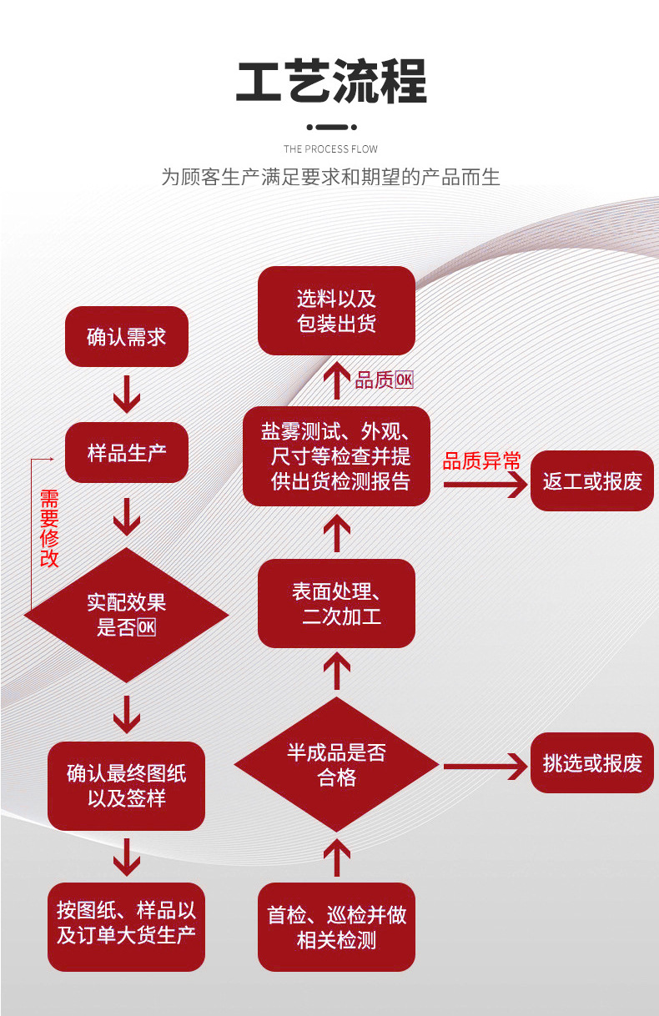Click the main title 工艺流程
[x=331, y=82]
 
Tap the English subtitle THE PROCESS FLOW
[x=330, y=149]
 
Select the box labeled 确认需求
[x=127, y=337]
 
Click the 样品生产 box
[x=127, y=453]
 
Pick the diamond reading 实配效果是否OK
[x=126, y=615]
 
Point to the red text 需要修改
[x=50, y=529]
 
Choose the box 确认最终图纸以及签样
[x=126, y=786]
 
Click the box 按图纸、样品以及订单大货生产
[x=126, y=923]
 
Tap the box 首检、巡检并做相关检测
[x=336, y=927]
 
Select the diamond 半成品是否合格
[x=336, y=765]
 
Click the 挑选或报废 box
[x=592, y=762]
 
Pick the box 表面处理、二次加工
[x=336, y=604]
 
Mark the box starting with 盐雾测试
[x=336, y=456]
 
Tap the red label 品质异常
[x=481, y=461]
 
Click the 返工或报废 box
[x=592, y=481]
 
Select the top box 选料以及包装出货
[x=336, y=311]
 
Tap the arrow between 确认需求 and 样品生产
[x=127, y=394]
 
